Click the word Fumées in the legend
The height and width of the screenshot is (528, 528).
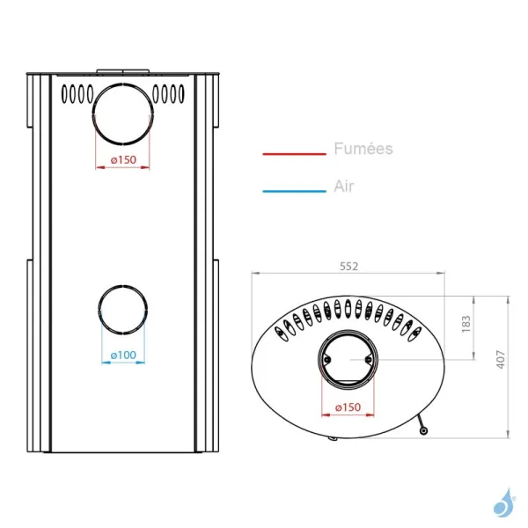coord(363,150)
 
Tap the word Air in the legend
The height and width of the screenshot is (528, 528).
coord(344,187)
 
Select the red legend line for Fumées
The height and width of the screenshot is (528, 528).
coord(294,154)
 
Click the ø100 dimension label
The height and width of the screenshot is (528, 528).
coord(123,355)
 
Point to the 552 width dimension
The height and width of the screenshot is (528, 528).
coord(348,265)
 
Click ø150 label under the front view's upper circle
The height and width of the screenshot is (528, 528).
coord(123,159)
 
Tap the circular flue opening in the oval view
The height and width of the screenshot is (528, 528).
coord(348,362)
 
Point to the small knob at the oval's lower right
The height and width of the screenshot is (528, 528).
coord(424,430)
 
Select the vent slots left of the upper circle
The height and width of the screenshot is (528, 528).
coord(76,92)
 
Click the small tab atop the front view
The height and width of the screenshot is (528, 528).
coord(123,70)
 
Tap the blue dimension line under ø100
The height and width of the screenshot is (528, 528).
coord(123,363)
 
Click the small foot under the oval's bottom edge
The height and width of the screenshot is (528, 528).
coord(332,436)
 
